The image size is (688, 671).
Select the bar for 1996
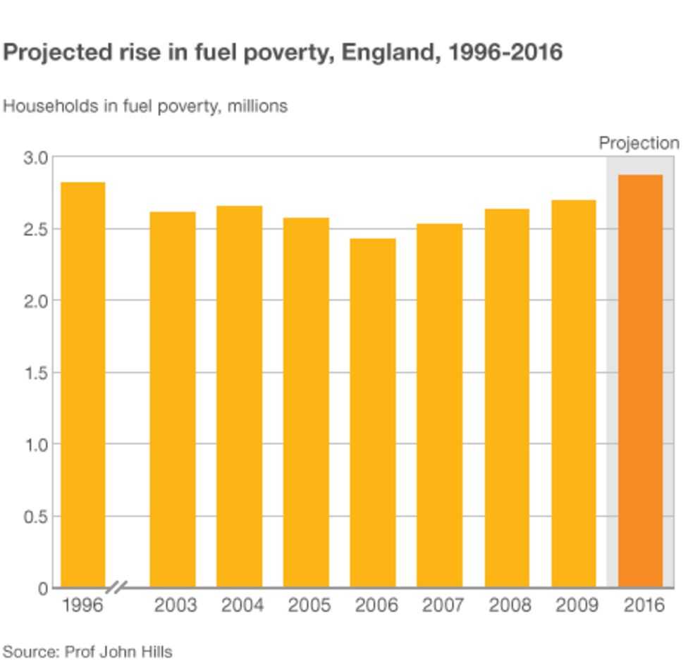(x=82, y=384)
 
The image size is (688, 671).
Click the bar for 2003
(x=172, y=399)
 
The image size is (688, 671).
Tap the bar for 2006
(x=373, y=412)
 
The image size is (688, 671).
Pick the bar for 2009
(x=573, y=393)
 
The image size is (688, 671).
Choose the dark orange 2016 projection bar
(x=640, y=381)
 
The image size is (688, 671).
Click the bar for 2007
(x=439, y=405)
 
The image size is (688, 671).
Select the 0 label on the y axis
(x=44, y=588)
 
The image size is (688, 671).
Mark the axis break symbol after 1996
(x=117, y=587)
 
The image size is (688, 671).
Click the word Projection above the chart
(x=639, y=143)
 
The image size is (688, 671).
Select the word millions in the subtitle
(x=257, y=106)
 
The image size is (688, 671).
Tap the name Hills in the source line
(x=156, y=651)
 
